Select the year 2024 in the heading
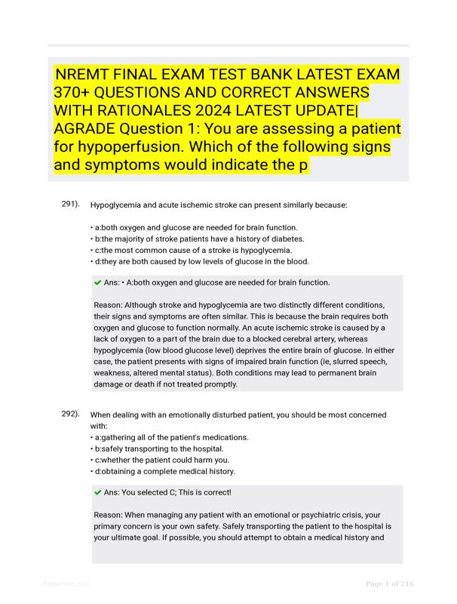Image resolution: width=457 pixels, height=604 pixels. tap(224, 111)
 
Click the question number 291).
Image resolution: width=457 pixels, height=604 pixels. tap(71, 205)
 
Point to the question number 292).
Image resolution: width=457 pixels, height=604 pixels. tap(71, 414)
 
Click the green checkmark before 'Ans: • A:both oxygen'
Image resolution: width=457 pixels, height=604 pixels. tap(98, 283)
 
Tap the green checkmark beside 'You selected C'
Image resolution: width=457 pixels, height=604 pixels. tap(98, 492)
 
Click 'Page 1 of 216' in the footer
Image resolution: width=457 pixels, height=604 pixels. tap(390, 584)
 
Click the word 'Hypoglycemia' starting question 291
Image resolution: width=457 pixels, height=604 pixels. tap(115, 205)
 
